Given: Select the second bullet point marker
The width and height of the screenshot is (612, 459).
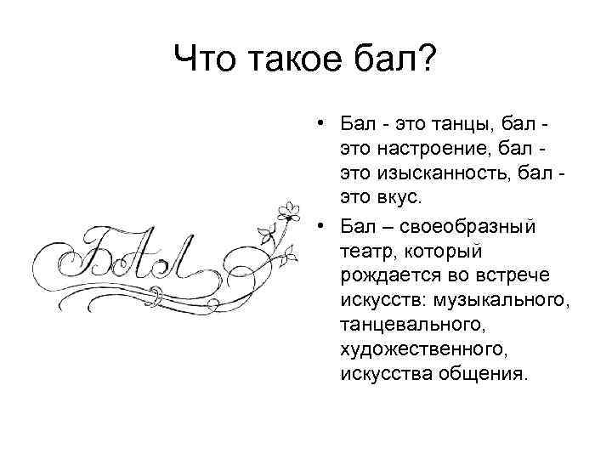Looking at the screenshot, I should [317, 226].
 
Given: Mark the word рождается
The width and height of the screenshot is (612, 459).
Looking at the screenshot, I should [384, 275].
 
